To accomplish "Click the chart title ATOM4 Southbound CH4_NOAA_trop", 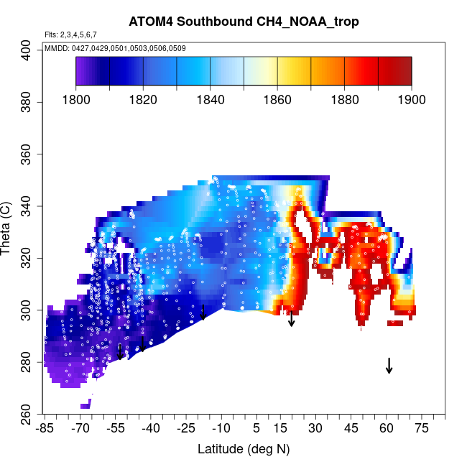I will (244, 22).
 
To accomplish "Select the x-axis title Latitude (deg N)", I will (244, 449).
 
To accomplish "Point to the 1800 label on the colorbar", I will (75, 98).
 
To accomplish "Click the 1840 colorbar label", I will (210, 98).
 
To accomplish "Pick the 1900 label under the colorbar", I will (411, 98).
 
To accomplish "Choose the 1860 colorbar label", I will (277, 98).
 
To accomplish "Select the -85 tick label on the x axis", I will (45, 429).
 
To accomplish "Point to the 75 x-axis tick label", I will (422, 429).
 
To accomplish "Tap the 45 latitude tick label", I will (351, 429).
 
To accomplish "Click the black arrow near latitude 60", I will (389, 365).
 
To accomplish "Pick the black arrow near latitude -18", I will (203, 312).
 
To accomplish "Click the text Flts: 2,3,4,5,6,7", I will (70, 34).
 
